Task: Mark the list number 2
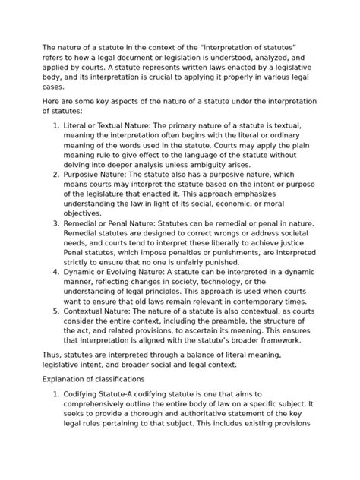click(x=55, y=174)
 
